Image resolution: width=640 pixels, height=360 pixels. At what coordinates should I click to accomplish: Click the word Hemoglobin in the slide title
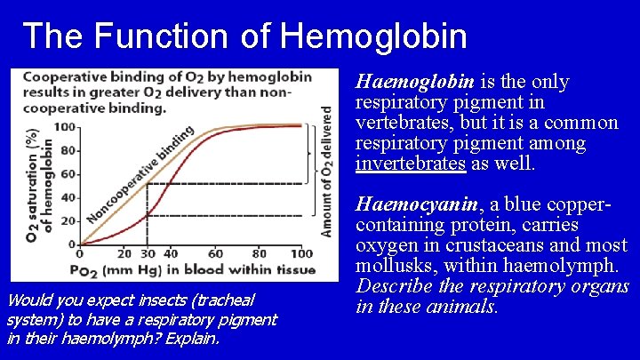tap(372, 36)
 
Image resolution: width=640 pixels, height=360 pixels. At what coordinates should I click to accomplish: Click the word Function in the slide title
tap(184, 36)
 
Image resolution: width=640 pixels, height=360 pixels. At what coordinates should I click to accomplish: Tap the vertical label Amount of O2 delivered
tap(327, 172)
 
